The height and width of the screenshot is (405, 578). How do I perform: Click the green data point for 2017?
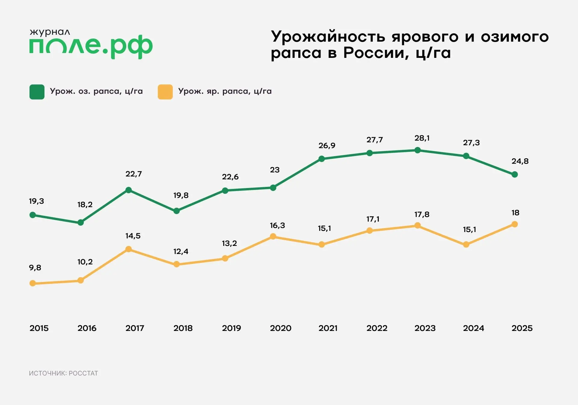click(x=129, y=190)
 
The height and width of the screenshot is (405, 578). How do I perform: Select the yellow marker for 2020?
click(x=273, y=237)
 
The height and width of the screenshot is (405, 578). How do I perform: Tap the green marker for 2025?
click(x=515, y=174)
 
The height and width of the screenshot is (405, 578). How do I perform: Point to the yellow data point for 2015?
click(x=33, y=283)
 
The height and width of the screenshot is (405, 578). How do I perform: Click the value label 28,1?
click(x=422, y=138)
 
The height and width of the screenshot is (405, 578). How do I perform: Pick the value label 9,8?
click(x=35, y=268)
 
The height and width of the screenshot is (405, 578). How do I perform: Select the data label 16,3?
click(x=277, y=225)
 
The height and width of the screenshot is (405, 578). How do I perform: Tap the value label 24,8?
click(x=520, y=161)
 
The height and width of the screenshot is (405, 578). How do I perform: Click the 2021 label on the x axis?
click(x=328, y=328)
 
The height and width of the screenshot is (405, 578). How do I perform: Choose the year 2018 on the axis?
click(x=183, y=328)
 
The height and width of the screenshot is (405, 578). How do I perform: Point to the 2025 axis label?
click(x=522, y=328)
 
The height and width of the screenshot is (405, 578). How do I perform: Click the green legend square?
click(x=37, y=92)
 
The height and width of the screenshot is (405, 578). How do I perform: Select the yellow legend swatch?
click(x=165, y=92)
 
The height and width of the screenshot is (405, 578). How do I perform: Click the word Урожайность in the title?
click(x=328, y=37)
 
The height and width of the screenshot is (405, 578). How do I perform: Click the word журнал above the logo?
click(x=50, y=32)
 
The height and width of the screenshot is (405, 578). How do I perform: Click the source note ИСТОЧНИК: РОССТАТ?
click(x=64, y=373)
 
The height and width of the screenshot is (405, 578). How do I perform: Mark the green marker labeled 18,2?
click(x=81, y=223)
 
